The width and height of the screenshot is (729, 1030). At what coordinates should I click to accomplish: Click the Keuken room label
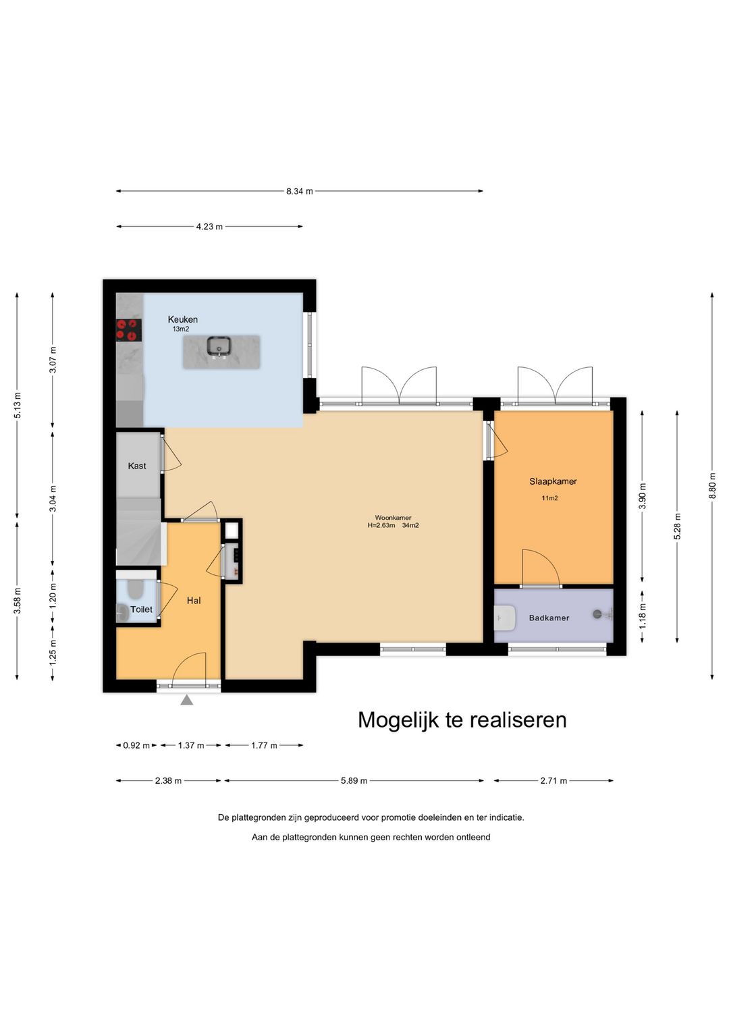[x=183, y=319]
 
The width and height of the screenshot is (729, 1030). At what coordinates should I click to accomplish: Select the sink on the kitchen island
[x=219, y=346]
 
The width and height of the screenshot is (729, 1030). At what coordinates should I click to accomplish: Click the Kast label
[x=137, y=466]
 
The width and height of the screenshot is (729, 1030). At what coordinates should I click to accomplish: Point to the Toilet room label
[x=141, y=609]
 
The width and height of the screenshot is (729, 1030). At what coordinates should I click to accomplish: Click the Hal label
[x=194, y=600]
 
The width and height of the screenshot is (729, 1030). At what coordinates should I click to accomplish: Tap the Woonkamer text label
[x=393, y=518]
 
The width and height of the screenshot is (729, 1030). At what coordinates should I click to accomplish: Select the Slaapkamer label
[x=553, y=481]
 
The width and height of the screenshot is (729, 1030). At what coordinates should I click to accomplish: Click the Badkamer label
[x=549, y=618]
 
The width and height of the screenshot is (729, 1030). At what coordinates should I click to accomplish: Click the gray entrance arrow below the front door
[x=187, y=700]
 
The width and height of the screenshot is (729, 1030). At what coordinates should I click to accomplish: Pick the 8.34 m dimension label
[x=299, y=191]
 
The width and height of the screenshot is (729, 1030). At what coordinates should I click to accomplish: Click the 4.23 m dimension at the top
[x=209, y=227]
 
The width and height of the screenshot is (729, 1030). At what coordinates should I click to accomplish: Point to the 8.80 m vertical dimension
[x=712, y=486]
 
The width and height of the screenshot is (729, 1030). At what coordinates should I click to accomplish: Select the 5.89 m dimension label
[x=354, y=781]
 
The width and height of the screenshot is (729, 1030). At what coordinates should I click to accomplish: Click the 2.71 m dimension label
[x=553, y=781]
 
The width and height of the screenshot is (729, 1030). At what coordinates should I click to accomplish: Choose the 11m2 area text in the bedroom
[x=549, y=498]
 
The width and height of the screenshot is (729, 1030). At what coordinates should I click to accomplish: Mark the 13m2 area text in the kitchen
[x=181, y=329]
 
